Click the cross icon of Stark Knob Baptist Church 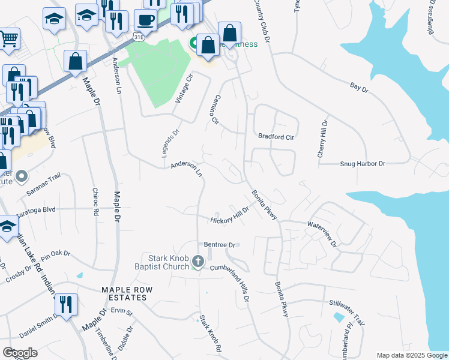pyautogui.click(x=199, y=262)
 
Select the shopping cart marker pyautogui.click(x=8, y=38)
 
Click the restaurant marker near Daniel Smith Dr pyautogui.click(x=66, y=304)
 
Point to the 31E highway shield pyautogui.click(x=139, y=37)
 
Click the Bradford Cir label pyautogui.click(x=276, y=136)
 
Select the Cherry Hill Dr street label pyautogui.click(x=322, y=139)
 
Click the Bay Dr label pyautogui.click(x=359, y=88)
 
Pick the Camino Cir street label pyautogui.click(x=217, y=109)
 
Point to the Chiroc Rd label pyautogui.click(x=95, y=203)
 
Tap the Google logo pyautogui.click(x=20, y=352)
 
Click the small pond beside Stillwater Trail pyautogui.click(x=339, y=316)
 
